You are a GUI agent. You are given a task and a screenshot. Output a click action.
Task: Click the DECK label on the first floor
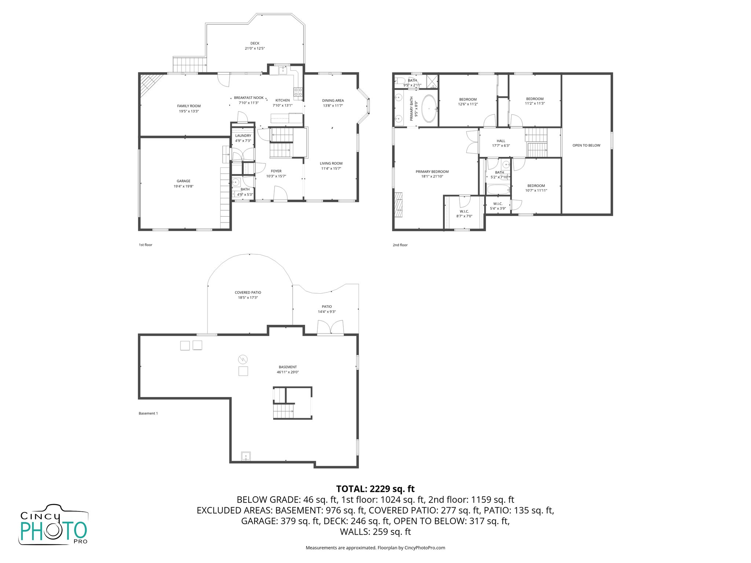(255, 43)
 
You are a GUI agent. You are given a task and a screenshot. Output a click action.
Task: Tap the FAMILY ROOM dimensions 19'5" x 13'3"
(189, 111)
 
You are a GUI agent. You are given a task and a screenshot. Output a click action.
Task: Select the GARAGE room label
(183, 181)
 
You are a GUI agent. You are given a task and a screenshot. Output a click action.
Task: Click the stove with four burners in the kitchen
(298, 92)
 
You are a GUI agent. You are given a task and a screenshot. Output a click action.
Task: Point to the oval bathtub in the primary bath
(429, 109)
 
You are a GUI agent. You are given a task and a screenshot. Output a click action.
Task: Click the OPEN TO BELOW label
(586, 146)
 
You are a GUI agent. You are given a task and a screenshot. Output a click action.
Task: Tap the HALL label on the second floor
(501, 141)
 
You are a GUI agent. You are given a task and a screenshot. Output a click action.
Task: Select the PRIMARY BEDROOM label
(432, 172)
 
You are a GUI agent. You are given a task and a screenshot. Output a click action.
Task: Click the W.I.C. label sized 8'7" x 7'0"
(464, 211)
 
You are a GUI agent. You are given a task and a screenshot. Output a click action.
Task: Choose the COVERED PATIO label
(248, 292)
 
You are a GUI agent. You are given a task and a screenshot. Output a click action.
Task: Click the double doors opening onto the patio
(330, 328)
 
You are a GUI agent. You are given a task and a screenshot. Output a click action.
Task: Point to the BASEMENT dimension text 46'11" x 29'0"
(287, 372)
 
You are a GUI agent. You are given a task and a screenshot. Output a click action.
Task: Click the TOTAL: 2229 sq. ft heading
(375, 489)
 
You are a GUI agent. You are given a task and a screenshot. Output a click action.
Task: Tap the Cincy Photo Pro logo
(54, 524)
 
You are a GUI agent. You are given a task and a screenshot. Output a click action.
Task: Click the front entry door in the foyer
(281, 194)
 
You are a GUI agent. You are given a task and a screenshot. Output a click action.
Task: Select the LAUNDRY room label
(243, 136)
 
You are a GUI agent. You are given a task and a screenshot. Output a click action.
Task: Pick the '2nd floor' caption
(400, 245)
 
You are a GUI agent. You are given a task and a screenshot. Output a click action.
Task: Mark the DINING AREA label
(333, 100)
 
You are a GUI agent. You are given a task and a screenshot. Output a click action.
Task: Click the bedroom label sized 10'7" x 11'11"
(536, 186)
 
